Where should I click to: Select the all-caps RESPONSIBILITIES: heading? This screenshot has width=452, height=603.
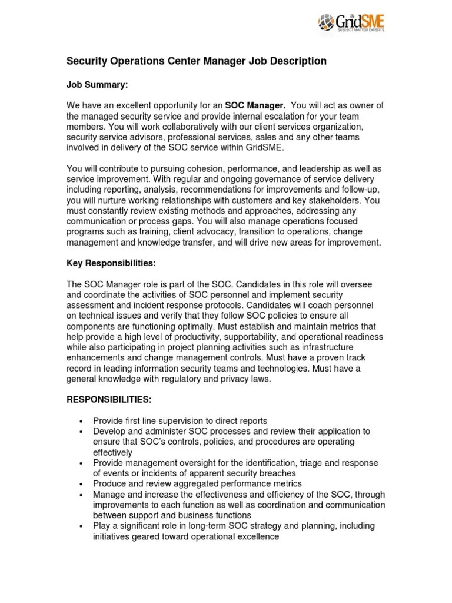click(x=109, y=399)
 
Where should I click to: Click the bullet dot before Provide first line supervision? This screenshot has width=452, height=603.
click(x=81, y=421)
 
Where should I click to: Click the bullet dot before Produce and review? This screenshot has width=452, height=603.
click(x=81, y=484)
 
